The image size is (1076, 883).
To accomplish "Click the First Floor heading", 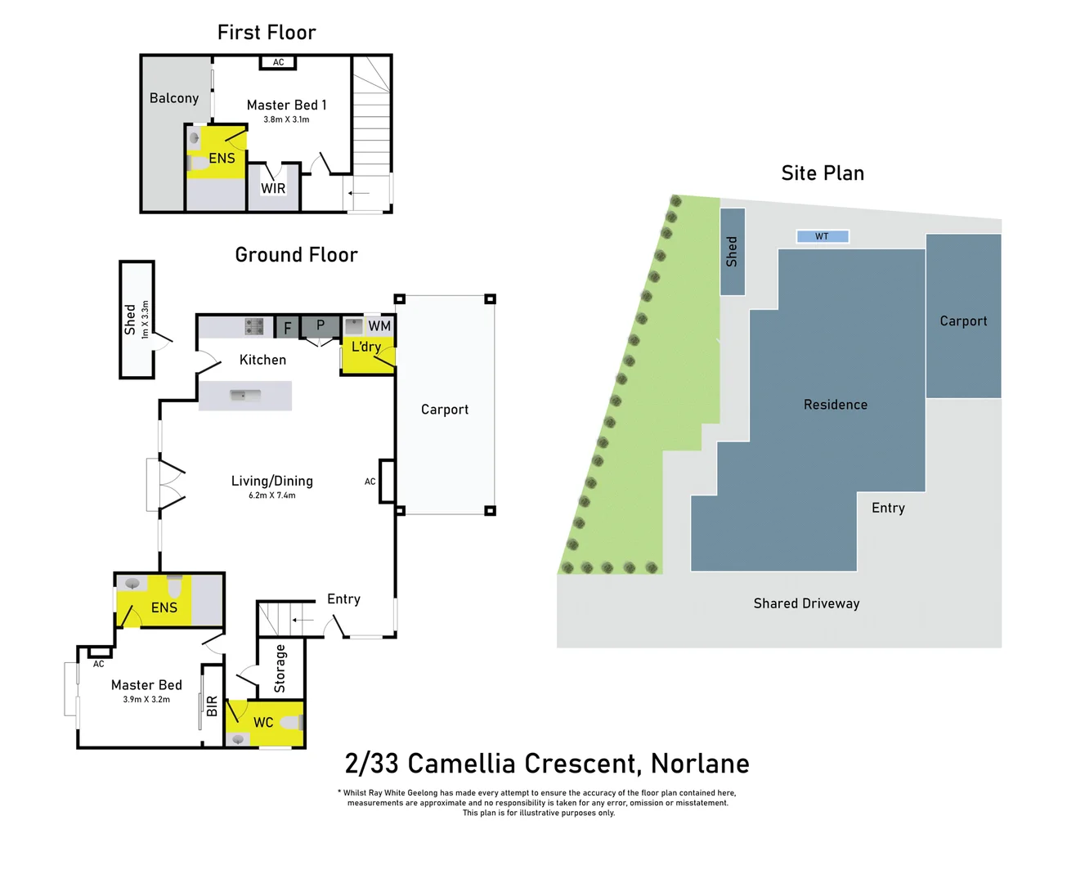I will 267,33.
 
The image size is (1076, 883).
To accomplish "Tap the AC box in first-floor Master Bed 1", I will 278,62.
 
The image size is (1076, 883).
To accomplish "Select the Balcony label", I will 174,98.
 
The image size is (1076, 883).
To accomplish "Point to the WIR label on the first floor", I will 273,189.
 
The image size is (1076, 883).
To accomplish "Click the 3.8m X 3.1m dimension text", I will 286,119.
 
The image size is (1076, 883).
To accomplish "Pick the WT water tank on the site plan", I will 823,236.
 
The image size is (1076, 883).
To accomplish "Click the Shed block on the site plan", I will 732,252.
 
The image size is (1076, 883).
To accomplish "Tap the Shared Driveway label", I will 806,603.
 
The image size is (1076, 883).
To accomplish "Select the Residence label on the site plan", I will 835,405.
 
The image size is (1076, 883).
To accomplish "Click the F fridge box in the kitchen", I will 287,328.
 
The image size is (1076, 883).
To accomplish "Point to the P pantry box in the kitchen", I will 321,325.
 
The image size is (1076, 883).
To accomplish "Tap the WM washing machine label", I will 379,326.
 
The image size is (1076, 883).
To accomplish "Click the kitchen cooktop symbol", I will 254,327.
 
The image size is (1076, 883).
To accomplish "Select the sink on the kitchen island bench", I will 244,396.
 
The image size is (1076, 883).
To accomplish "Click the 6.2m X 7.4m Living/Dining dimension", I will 272,495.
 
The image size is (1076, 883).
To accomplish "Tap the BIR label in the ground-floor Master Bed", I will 213,706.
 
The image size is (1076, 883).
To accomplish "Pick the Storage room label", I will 280,668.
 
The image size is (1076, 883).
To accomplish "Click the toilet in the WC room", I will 292,723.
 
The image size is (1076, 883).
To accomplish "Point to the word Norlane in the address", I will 700,764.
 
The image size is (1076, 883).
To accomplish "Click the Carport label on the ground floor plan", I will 445,410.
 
